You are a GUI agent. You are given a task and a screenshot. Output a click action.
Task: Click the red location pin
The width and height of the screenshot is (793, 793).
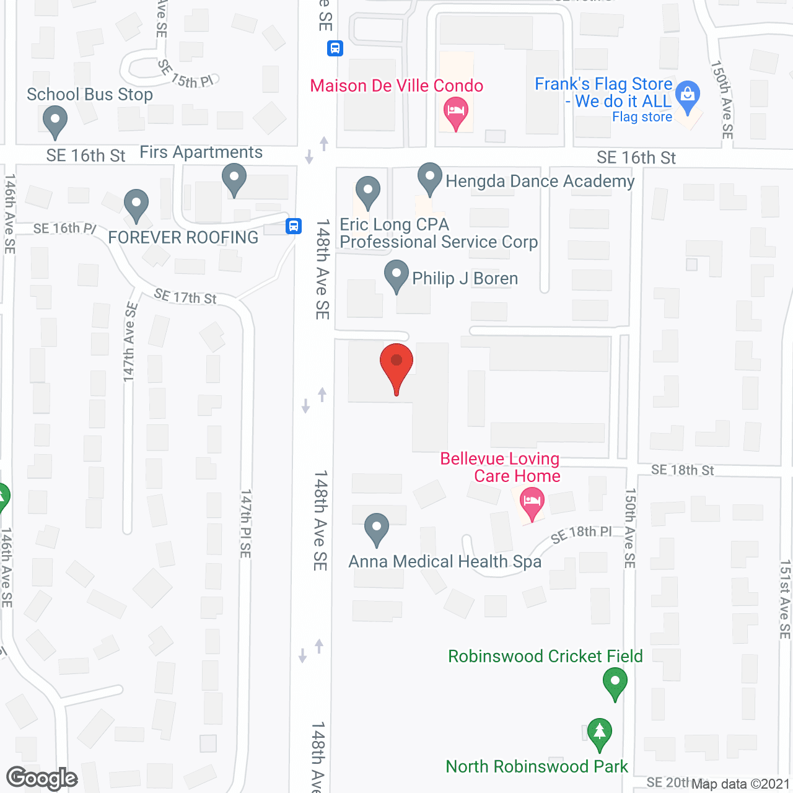[x=396, y=366]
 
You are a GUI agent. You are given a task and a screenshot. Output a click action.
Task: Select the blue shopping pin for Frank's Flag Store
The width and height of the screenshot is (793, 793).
[x=688, y=95]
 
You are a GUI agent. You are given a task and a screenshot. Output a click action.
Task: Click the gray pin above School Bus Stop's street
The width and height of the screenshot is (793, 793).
[x=55, y=120]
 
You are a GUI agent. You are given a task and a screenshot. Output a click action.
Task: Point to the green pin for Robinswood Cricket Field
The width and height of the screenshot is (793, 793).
[x=615, y=682]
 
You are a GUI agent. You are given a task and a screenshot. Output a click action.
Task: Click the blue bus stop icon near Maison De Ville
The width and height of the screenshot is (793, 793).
[x=335, y=48]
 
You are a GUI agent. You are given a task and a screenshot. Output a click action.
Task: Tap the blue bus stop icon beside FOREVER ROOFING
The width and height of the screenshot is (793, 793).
[x=294, y=226]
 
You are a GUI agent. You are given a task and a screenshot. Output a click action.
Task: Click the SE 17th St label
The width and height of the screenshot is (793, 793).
[x=185, y=297]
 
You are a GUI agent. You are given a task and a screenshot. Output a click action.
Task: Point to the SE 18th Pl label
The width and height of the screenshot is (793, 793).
[x=581, y=533]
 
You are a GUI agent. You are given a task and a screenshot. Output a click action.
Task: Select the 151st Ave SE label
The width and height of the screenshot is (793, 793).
[x=785, y=599]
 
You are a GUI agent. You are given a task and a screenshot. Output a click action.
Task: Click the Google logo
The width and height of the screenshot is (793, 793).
[x=42, y=778]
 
